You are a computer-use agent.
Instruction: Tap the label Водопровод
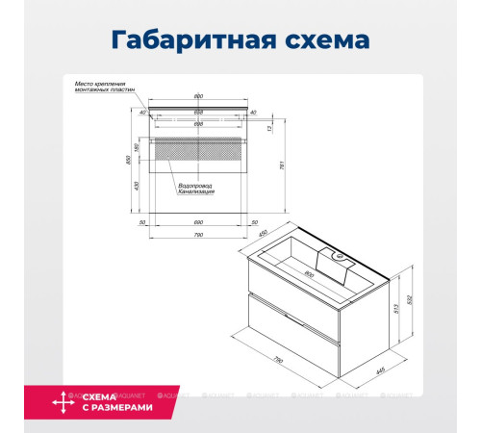[x=194, y=185]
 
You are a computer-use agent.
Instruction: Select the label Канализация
[x=196, y=192]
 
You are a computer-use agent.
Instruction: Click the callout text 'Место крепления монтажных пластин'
[x=106, y=88]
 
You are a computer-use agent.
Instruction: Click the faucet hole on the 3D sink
[x=338, y=256]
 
